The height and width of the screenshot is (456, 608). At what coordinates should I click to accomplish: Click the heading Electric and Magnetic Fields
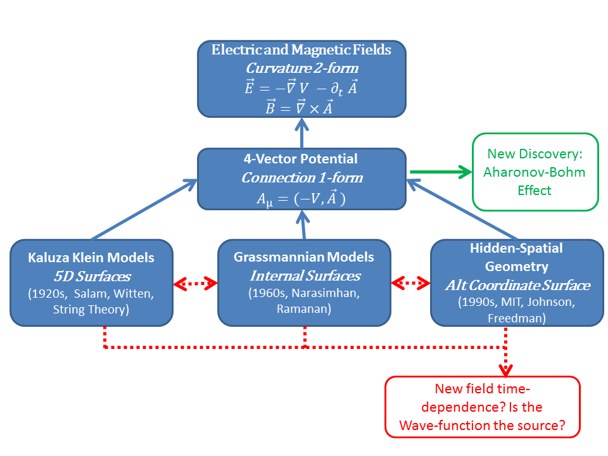click(301, 50)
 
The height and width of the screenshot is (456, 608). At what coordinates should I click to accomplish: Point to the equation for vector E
click(301, 88)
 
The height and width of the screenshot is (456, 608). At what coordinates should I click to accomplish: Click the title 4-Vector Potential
click(301, 159)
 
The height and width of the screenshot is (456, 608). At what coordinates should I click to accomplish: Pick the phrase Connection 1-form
click(301, 178)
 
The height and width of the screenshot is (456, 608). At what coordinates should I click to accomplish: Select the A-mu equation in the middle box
click(301, 198)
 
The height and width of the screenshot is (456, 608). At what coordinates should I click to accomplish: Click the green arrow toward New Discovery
click(441, 172)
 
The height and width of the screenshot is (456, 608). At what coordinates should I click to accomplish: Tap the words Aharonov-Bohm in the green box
click(536, 172)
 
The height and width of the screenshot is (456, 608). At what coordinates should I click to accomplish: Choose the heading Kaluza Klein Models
click(91, 258)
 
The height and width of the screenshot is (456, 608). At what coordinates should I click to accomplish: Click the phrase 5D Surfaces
click(91, 276)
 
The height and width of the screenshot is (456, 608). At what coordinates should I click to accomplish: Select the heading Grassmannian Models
click(304, 257)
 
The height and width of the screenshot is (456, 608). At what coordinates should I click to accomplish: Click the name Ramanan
click(304, 310)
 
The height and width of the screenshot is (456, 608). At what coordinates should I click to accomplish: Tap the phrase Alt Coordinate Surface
click(517, 285)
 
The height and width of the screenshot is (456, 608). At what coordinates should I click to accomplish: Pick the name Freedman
click(517, 318)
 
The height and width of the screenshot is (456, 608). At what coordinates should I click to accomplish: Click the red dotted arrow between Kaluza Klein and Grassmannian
click(195, 284)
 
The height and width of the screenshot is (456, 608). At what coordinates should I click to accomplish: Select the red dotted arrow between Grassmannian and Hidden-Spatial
click(411, 284)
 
